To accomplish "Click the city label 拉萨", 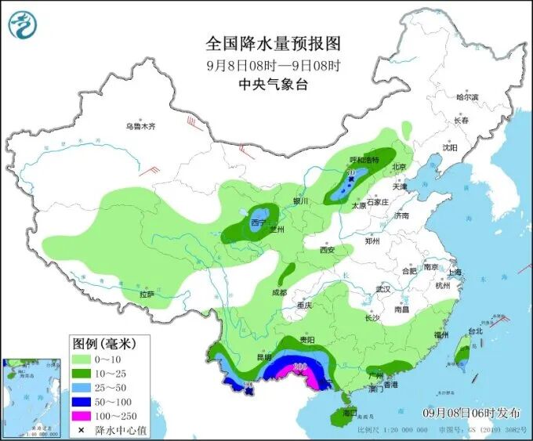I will point(147,295).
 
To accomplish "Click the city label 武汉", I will point(383,289).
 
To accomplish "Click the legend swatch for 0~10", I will point(82,359).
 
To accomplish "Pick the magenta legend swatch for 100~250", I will point(82,415).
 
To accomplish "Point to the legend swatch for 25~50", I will point(82,387).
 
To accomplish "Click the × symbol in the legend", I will point(82,430).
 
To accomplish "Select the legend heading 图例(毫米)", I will point(104,343).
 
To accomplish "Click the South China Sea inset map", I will point(32,396).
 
